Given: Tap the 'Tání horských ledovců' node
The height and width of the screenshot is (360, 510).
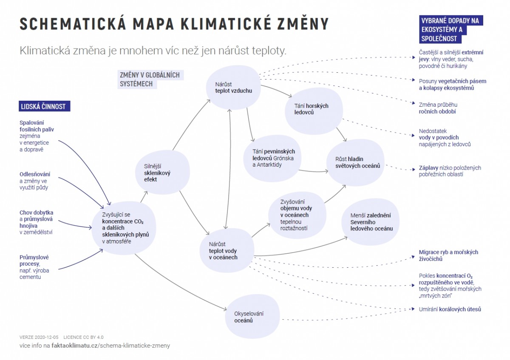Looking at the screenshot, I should point(314,109).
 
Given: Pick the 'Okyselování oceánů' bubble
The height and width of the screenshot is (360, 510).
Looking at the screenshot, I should point(252,317).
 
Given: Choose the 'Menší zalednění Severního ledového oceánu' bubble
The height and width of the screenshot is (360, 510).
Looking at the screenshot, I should point(371,222).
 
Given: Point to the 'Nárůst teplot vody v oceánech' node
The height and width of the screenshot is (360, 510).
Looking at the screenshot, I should point(227,251).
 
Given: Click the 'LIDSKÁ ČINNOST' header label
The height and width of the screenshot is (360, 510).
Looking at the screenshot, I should point(45,106).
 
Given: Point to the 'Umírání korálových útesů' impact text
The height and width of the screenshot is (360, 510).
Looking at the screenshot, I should point(450,309).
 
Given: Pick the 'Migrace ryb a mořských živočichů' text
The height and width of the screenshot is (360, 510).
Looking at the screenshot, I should point(448,255).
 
